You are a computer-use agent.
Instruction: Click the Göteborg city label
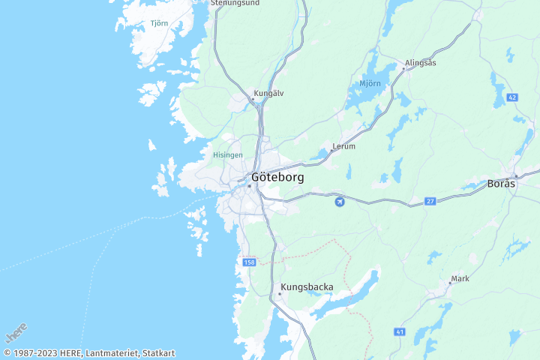(278, 178)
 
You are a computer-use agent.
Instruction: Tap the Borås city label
(502, 183)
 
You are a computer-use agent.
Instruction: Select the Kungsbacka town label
(307, 286)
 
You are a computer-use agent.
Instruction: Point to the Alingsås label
(420, 63)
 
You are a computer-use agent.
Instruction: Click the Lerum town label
(344, 146)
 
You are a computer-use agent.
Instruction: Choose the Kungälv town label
(268, 94)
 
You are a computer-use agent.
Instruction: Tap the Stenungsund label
(235, 3)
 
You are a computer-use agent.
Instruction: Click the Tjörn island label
(159, 23)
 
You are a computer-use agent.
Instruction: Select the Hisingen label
(228, 154)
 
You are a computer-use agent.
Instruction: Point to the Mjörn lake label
(370, 83)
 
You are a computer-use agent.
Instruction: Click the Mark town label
(460, 278)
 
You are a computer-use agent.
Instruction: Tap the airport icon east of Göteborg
(340, 201)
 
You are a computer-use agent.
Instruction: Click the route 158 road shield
(249, 262)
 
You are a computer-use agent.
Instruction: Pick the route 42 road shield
(512, 97)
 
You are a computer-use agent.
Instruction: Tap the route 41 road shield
(400, 331)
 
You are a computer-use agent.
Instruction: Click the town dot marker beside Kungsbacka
(280, 294)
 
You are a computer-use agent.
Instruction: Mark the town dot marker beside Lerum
(331, 150)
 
